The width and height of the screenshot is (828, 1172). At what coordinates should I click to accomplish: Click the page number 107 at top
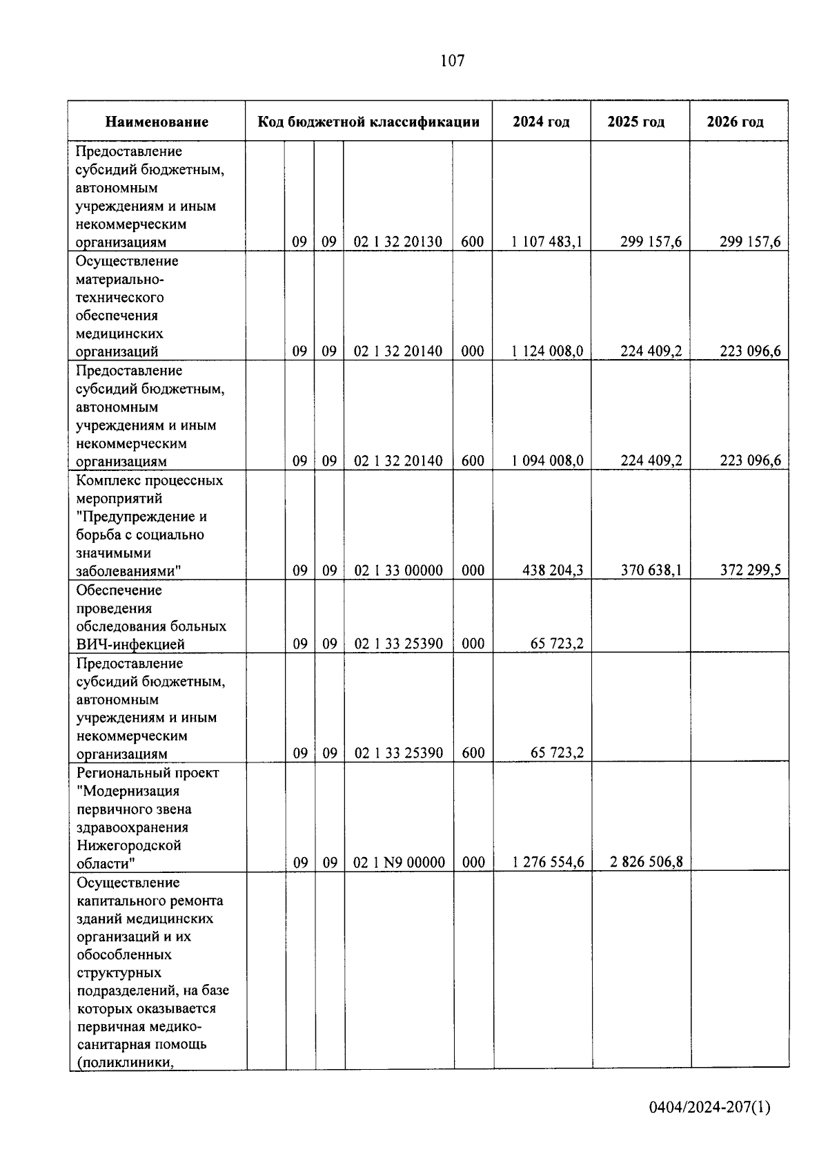pos(452,61)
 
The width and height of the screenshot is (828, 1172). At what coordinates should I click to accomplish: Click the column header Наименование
pos(157,122)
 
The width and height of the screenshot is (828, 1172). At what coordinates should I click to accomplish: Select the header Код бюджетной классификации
pos(368,122)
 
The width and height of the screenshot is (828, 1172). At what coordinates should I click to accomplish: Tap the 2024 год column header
pos(541,122)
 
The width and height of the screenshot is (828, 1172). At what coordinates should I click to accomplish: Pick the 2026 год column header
pos(735,122)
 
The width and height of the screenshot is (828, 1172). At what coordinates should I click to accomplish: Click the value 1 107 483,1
pos(547,242)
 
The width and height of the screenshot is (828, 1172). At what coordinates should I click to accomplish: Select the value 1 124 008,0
pos(547,352)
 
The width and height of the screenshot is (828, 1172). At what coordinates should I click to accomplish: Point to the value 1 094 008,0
pos(547,461)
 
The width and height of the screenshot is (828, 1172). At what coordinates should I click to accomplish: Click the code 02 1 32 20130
pos(398,242)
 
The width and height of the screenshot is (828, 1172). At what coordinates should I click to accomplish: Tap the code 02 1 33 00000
pos(398,570)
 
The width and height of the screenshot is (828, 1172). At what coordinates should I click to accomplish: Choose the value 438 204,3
pos(553,570)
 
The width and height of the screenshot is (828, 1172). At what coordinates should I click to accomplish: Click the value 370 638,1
pos(651,570)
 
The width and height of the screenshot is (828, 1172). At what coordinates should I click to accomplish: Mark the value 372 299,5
pos(750,570)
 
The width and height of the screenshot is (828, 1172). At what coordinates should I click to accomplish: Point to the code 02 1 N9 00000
pos(399,863)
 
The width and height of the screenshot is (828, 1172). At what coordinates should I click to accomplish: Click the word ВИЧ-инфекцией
pos(130,644)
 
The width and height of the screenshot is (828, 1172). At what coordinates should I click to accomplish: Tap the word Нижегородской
pos(128,845)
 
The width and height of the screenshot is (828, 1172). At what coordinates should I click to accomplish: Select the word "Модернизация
pos(128,791)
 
